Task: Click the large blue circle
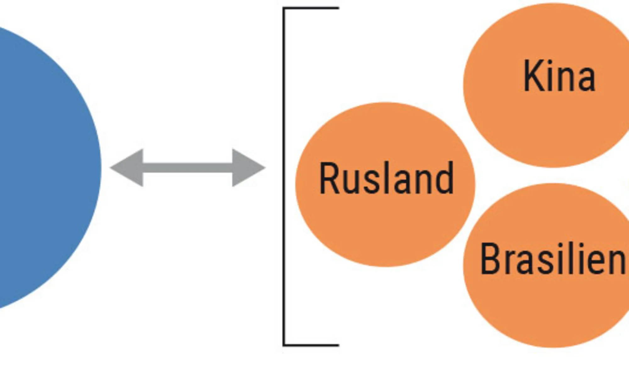pos(41,167)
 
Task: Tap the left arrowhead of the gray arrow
pos(129,168)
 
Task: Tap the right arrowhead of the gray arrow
pos(247,168)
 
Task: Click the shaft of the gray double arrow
pos(188,168)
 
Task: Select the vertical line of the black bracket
pos(284,176)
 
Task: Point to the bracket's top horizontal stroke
pos(311,8)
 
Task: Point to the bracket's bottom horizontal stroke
pos(311,345)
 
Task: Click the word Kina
pos(559,76)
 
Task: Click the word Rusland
pos(386,178)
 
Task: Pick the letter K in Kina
pos(533,76)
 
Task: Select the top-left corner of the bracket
pos(284,8)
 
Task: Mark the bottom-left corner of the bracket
pos(284,345)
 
